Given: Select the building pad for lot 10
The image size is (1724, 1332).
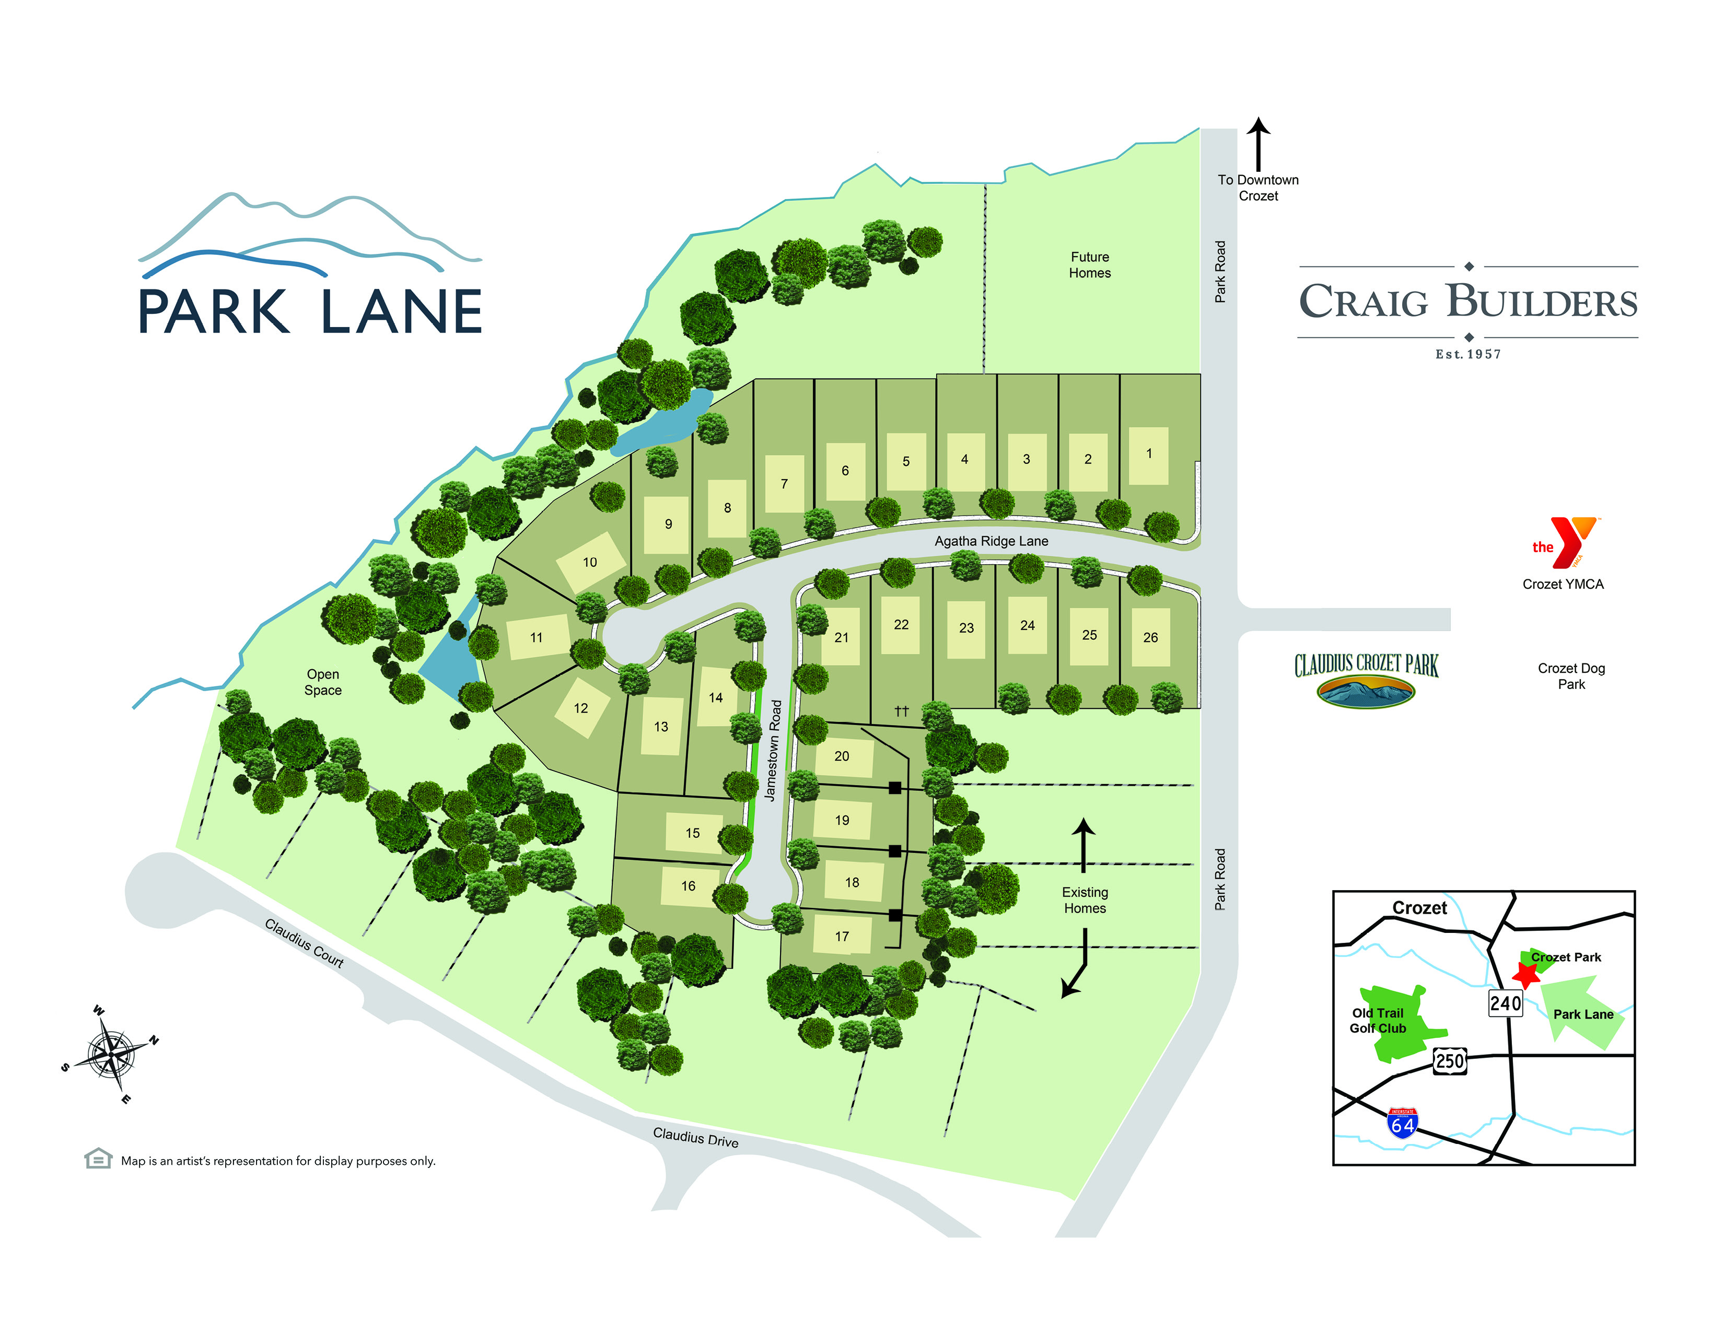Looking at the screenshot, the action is tap(590, 563).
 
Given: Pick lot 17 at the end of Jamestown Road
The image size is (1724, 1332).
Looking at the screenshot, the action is tap(842, 936).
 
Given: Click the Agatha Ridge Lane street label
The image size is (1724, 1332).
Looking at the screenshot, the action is tap(992, 541).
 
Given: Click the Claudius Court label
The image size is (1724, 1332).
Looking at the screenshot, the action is tap(304, 943).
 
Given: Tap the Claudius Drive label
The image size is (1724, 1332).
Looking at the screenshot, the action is tap(695, 1137).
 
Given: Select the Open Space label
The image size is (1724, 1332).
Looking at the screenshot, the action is tap(323, 682).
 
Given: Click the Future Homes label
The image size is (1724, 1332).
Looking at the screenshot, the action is tap(1089, 265).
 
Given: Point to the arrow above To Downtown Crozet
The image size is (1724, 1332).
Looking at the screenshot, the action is tap(1259, 142).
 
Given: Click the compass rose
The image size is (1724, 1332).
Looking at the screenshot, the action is tap(111, 1054).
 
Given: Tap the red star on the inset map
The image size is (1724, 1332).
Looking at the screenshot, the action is tap(1526, 975).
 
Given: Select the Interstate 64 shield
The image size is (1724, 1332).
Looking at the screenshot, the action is tap(1402, 1123).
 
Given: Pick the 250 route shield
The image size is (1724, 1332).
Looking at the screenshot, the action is tap(1450, 1060).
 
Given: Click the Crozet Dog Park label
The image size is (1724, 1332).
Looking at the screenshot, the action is tap(1571, 676).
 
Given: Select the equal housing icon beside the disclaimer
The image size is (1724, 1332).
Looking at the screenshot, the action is tap(98, 1159).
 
